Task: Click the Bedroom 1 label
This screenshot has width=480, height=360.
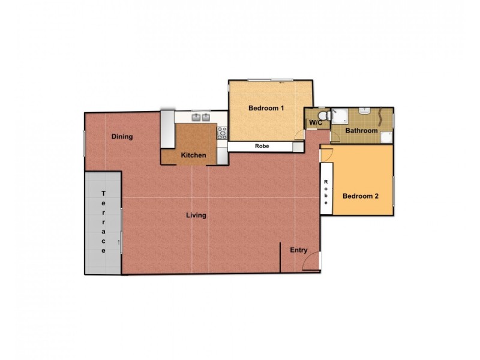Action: pos(266,108)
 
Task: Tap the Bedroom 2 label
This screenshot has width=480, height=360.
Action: pos(360,196)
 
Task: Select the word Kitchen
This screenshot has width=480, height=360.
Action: pos(194,155)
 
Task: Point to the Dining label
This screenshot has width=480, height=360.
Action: pos(122,137)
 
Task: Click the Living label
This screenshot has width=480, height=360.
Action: pos(196,215)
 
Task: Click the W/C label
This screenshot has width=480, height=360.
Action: pos(316,123)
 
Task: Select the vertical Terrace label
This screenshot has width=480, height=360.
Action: pos(104,222)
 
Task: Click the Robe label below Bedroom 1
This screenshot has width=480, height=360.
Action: pos(262,146)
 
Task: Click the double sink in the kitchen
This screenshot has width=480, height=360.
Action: pos(200,117)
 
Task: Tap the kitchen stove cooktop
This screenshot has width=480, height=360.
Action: pos(221,133)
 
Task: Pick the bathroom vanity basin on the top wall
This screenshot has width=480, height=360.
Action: pos(364,112)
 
